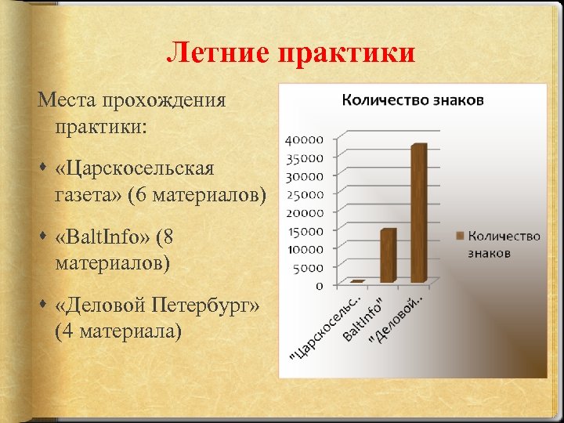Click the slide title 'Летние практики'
point(291,53)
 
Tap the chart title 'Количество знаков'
point(413,99)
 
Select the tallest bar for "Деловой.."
point(418,212)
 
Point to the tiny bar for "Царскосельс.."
point(358,280)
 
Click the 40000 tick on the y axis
point(305,140)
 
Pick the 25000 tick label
point(305,194)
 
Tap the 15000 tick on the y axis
point(305,230)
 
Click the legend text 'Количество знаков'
point(503,244)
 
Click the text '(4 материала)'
point(118,331)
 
